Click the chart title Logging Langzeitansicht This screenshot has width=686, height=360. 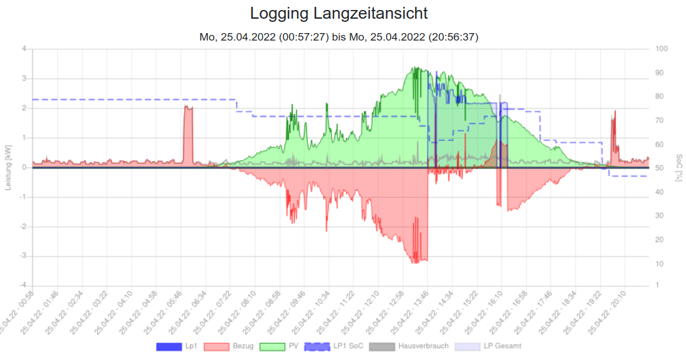[x=339, y=13]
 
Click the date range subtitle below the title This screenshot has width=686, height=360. [x=339, y=37]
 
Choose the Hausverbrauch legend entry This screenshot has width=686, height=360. [x=409, y=346]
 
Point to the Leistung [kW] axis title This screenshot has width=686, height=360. [x=9, y=167]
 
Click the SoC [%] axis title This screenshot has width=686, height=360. [x=678, y=167]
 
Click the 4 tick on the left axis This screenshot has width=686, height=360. [x=24, y=49]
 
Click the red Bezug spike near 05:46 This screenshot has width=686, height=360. [x=188, y=134]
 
